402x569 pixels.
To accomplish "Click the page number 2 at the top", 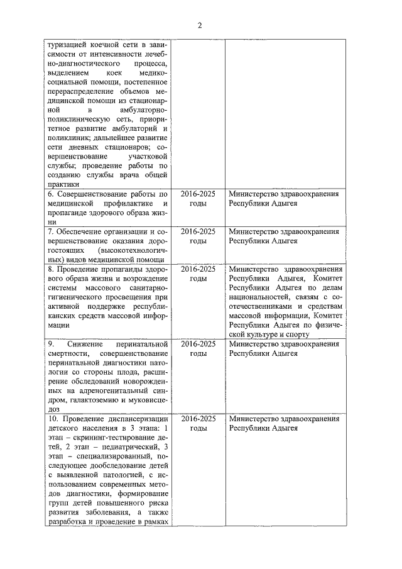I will point(200,25).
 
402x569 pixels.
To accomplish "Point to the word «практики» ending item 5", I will point(63,184).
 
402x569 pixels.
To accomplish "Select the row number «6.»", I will point(51,194).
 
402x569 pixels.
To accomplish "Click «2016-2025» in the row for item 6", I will point(198,194).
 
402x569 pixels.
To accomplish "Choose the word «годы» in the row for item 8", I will point(198,278).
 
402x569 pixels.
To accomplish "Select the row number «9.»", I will point(51,345).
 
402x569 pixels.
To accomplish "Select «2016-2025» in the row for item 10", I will point(198,418).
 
